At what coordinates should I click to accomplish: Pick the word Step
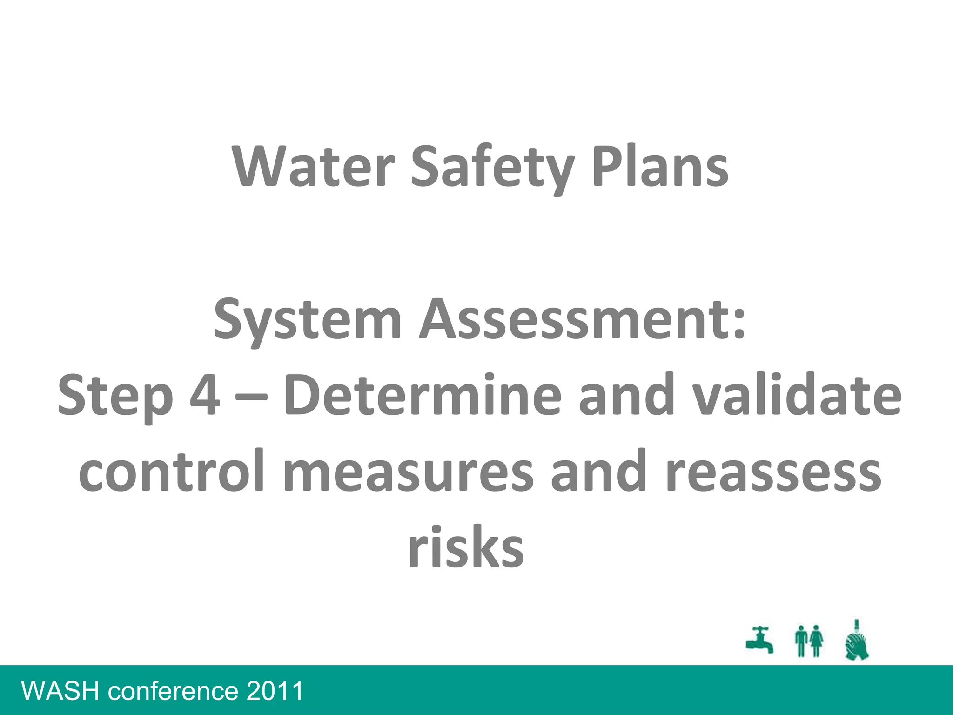pyautogui.click(x=115, y=397)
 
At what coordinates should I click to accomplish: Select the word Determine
pyautogui.click(x=423, y=396)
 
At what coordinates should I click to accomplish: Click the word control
pyautogui.click(x=172, y=471)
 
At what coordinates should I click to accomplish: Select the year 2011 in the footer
pyautogui.click(x=275, y=691)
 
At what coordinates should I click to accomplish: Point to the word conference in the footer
pyautogui.click(x=173, y=691)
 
